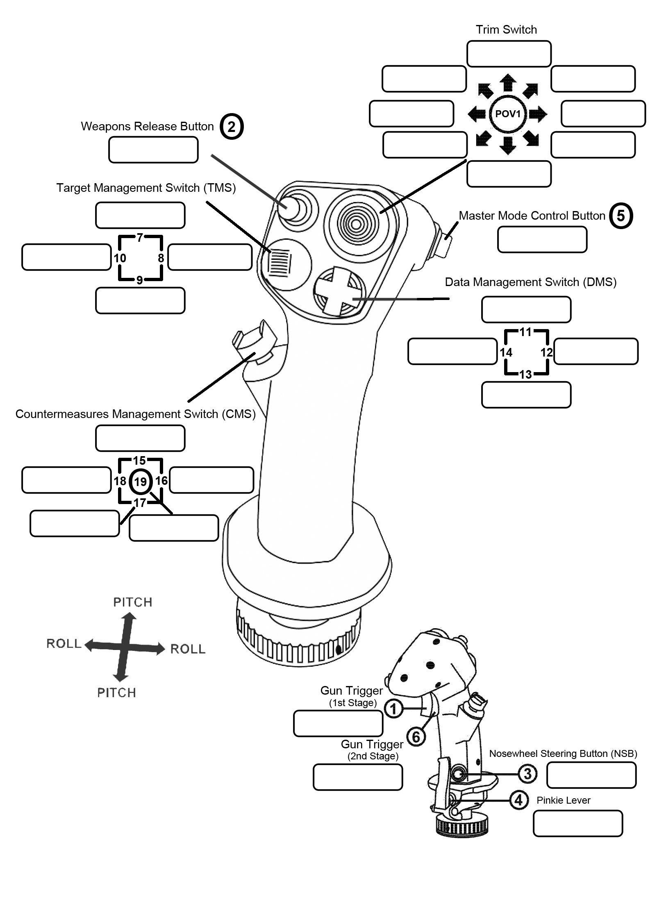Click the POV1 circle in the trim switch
pyautogui.click(x=507, y=114)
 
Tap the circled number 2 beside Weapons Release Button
pyautogui.click(x=232, y=127)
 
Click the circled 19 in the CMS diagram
pyautogui.click(x=140, y=482)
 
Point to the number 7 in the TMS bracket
pyautogui.click(x=140, y=238)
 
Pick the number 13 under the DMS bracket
pyautogui.click(x=525, y=374)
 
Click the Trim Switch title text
pyautogui.click(x=506, y=30)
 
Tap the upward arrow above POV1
pyautogui.click(x=508, y=82)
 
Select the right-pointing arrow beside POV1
pyautogui.click(x=538, y=114)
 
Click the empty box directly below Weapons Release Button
pyautogui.click(x=153, y=150)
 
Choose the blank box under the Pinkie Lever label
pyautogui.click(x=577, y=823)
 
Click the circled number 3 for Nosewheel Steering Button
pyautogui.click(x=527, y=774)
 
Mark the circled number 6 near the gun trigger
pyautogui.click(x=416, y=737)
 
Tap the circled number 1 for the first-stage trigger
pyautogui.click(x=393, y=709)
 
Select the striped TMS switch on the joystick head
pyautogui.click(x=281, y=263)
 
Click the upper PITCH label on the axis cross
pyautogui.click(x=132, y=602)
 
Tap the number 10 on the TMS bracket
pyautogui.click(x=120, y=258)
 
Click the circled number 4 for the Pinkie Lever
pyautogui.click(x=518, y=800)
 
